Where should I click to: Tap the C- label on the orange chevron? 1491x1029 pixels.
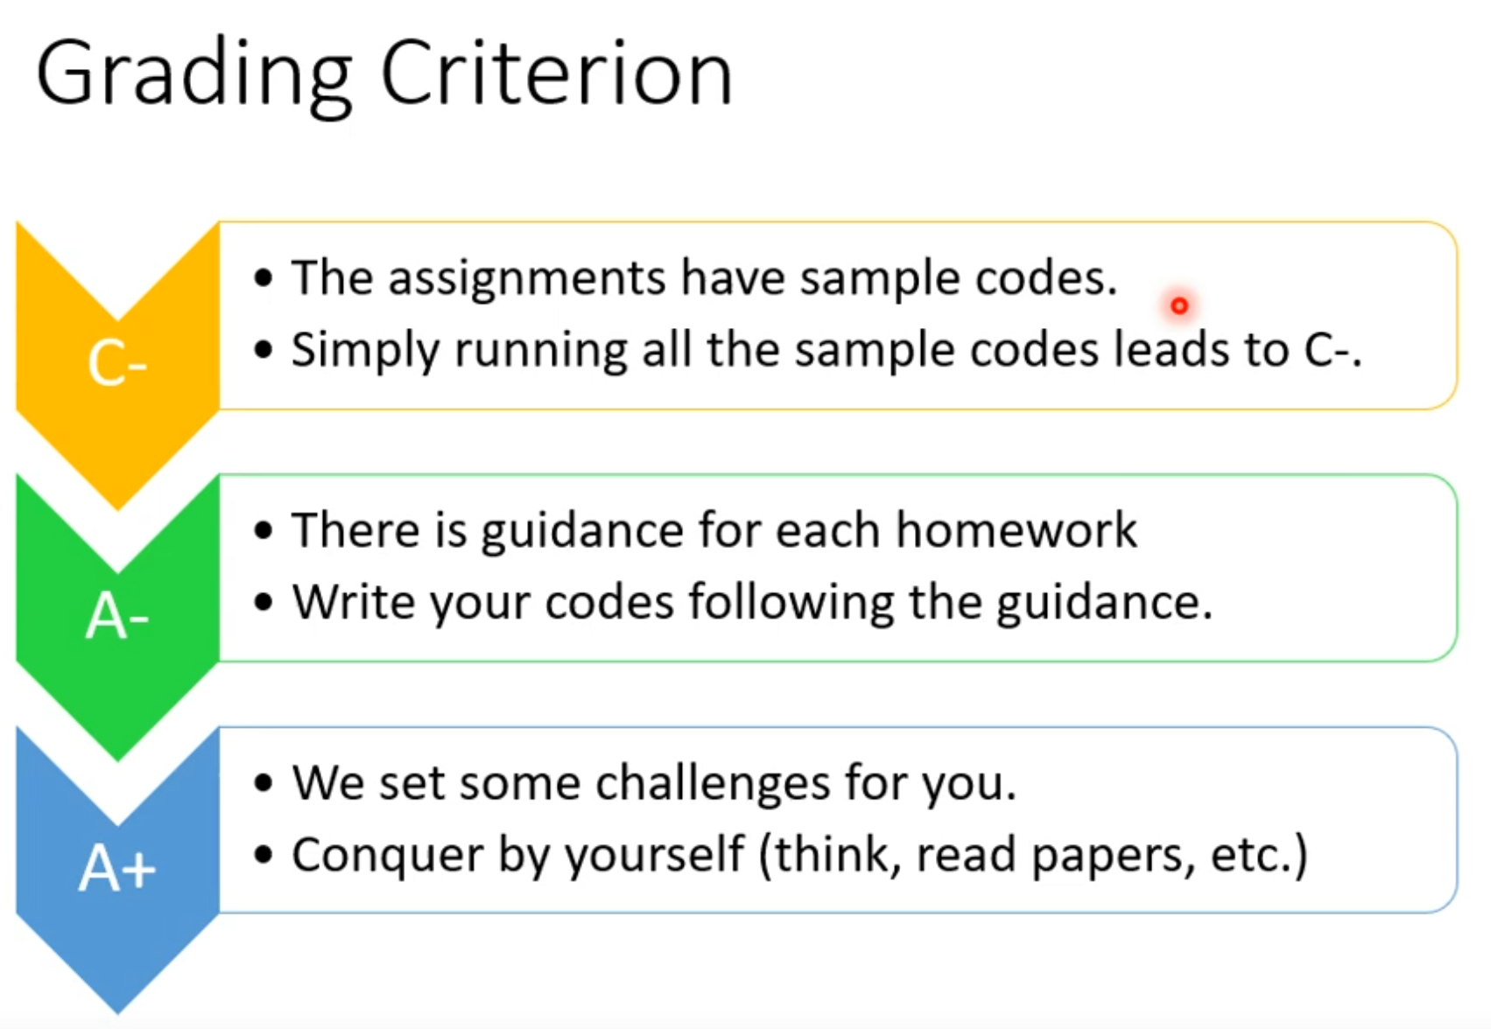117,363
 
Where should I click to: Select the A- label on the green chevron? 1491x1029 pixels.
117,616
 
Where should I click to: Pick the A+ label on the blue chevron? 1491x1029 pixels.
117,867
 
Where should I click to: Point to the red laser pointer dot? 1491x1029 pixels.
1179,305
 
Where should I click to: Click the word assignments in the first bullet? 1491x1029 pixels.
526,279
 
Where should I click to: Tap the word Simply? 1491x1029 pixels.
365,351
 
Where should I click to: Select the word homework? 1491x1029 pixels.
1016,530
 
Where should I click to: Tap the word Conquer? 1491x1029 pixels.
388,856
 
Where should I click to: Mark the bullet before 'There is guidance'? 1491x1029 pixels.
264,531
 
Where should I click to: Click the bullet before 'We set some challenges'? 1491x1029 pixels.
264,782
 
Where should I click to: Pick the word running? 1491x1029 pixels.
541,351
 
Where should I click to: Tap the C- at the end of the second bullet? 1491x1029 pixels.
1327,349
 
